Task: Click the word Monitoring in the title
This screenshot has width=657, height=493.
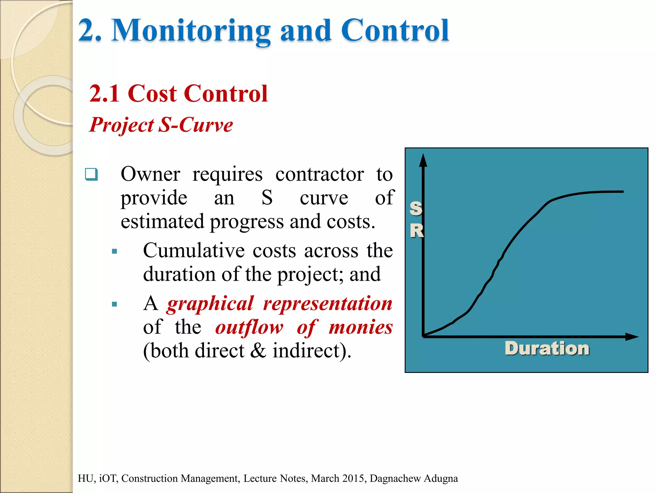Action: (191, 31)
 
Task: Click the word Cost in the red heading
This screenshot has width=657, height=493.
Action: (152, 94)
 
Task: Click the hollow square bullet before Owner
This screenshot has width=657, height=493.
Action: (91, 174)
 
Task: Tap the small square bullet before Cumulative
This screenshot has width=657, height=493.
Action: (115, 251)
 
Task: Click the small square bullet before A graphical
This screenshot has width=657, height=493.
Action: (115, 304)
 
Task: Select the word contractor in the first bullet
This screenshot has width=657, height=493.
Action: (320, 174)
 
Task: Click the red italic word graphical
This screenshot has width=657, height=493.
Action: (210, 304)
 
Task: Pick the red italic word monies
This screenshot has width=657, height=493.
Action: (361, 327)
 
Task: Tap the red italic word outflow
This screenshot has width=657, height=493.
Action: (249, 327)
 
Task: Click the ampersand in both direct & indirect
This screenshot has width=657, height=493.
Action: (258, 350)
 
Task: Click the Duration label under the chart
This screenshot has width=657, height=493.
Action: (547, 349)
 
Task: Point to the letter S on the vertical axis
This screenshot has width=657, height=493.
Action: (416, 209)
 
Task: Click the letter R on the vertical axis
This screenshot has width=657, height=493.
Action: (417, 231)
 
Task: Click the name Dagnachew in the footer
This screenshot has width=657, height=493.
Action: (395, 478)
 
